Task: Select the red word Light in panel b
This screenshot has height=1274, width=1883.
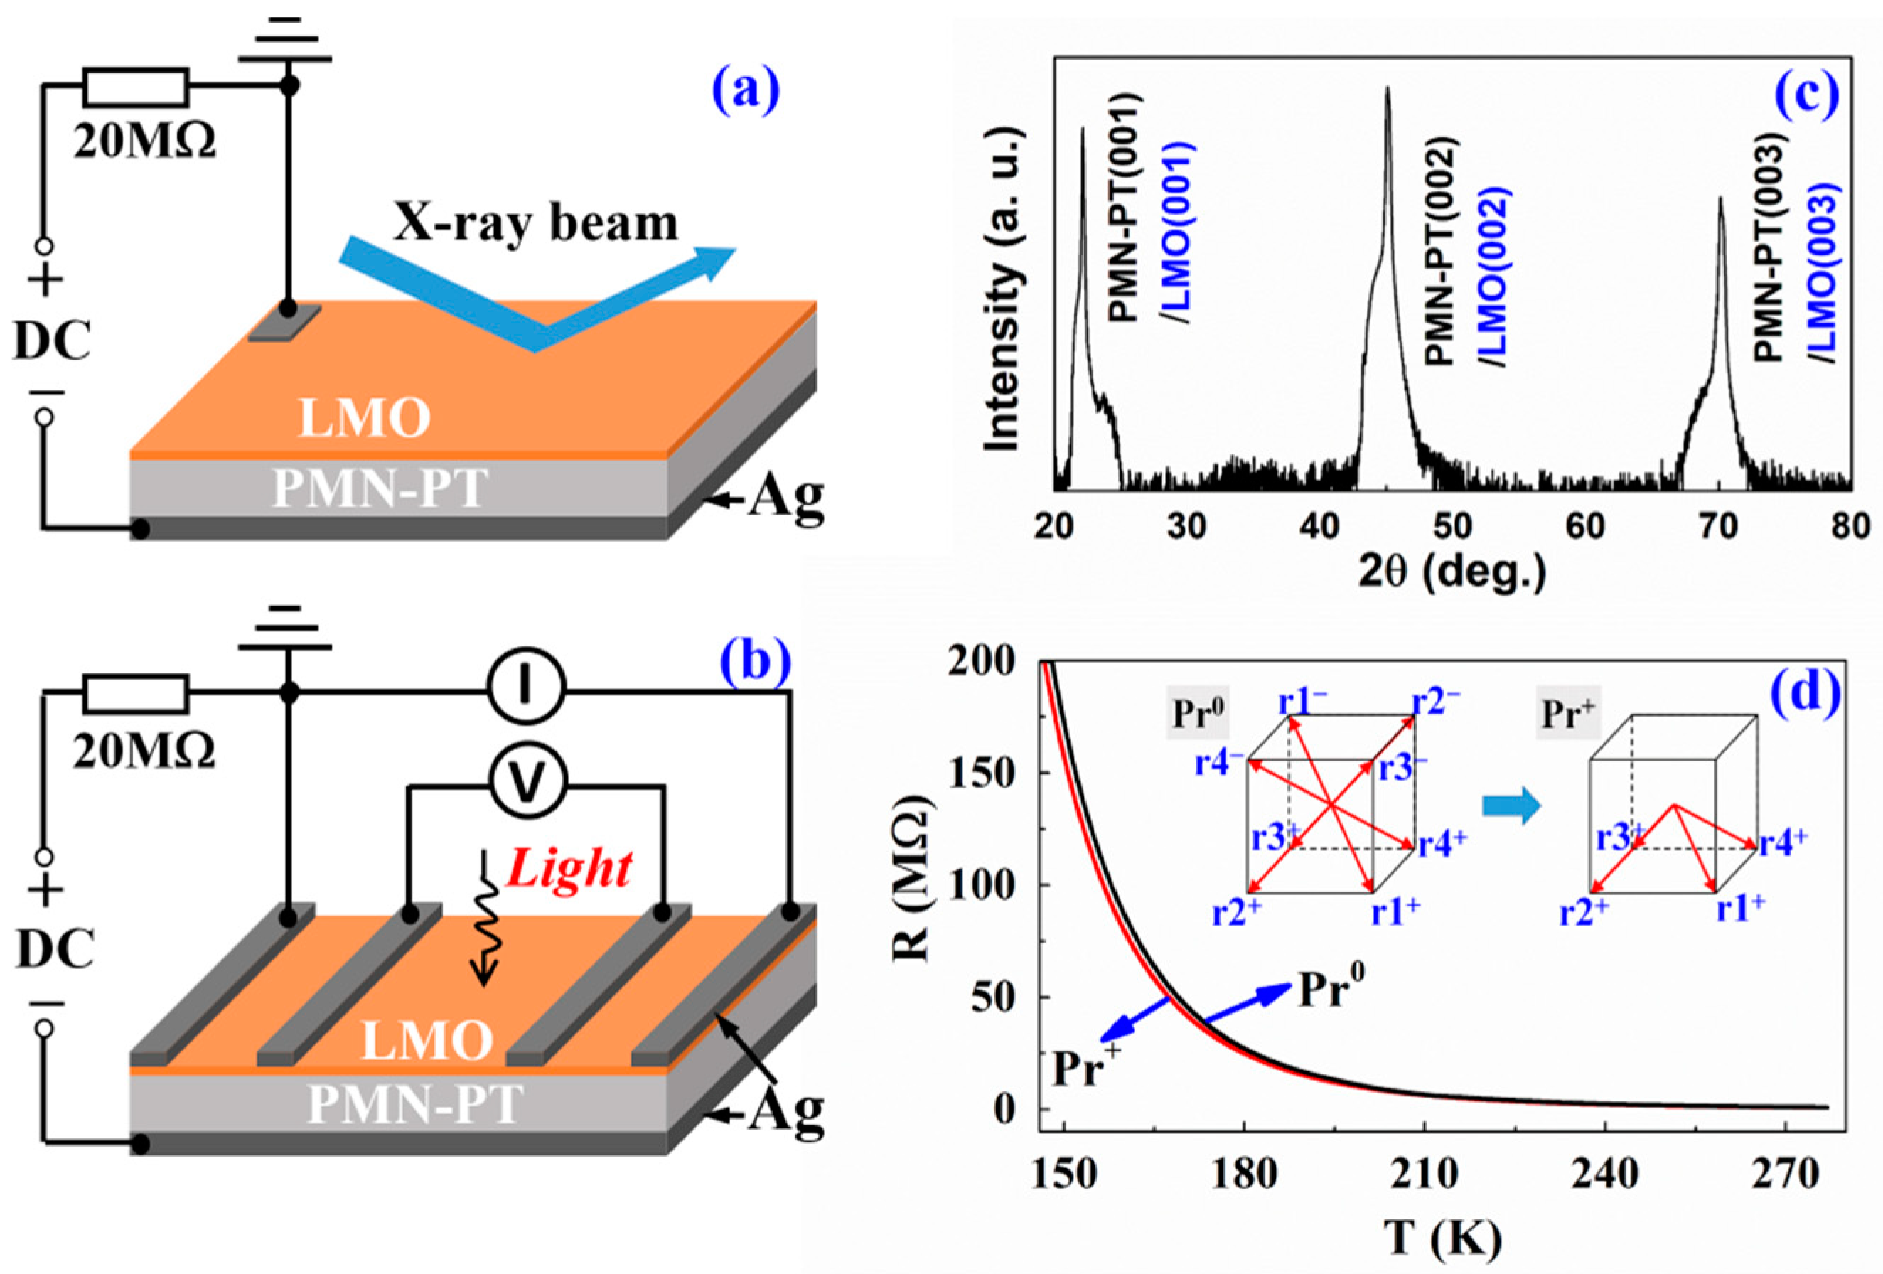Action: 568,869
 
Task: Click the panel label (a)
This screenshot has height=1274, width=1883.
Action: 745,91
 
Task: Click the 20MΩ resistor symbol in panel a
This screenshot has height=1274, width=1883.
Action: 136,87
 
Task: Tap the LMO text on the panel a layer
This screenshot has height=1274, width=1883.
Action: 364,419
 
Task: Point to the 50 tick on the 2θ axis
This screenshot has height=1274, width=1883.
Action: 1452,527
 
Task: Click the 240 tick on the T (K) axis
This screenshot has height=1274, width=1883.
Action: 1605,1173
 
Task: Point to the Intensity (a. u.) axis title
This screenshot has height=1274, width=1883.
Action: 1003,288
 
